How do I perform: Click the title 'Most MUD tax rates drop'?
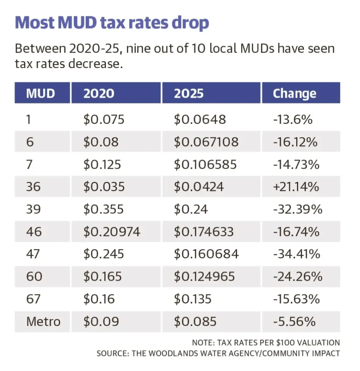click(112, 22)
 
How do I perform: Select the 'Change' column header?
click(294, 93)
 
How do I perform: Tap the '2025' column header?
click(189, 93)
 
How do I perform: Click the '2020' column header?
click(99, 93)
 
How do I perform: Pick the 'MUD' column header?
click(41, 93)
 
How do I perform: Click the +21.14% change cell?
click(296, 187)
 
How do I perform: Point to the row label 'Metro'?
click(43, 321)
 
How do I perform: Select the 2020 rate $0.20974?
click(112, 232)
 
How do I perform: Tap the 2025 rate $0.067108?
click(206, 142)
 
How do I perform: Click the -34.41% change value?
click(296, 254)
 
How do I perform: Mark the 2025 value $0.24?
click(191, 209)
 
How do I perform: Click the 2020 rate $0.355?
click(104, 209)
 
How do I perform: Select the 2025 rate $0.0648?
click(200, 119)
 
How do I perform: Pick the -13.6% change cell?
click(293, 119)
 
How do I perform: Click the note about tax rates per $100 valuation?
click(266, 342)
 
